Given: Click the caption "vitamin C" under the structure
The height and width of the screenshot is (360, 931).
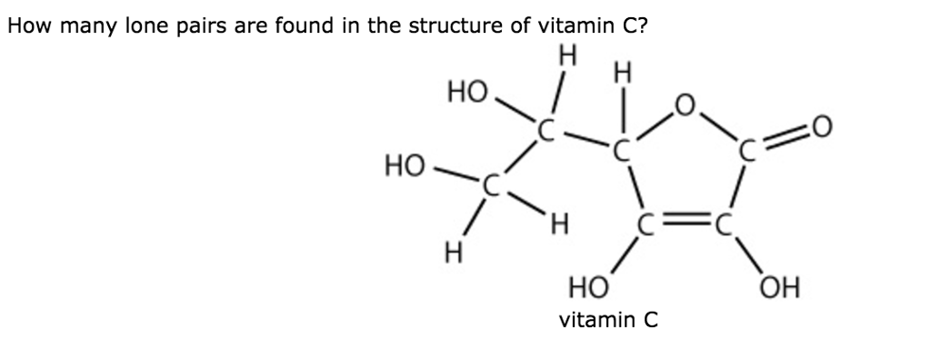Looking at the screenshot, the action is point(607,320).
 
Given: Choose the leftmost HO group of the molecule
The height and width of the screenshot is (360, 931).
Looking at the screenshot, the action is point(404,165).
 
